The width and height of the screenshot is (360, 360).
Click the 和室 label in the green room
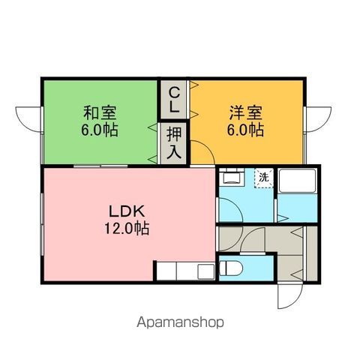[100, 112]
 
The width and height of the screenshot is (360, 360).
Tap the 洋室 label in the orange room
[246, 112]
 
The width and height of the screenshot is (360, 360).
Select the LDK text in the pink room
[127, 211]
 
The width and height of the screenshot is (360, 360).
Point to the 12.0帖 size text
[127, 228]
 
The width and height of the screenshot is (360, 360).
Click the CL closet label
[174, 100]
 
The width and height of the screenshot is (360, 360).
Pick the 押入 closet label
[174, 142]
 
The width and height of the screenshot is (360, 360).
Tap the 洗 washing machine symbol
[264, 178]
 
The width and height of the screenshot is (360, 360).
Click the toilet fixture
[231, 268]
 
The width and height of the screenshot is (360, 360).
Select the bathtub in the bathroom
[297, 181]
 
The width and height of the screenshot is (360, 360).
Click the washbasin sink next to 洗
[232, 177]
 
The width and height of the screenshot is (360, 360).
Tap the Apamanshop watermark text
[180, 322]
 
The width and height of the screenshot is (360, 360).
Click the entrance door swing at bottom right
[290, 295]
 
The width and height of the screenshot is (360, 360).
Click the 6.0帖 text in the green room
[100, 130]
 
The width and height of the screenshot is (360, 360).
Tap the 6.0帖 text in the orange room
[245, 130]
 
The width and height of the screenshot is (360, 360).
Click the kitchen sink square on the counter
[206, 271]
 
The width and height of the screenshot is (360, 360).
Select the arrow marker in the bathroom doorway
[283, 218]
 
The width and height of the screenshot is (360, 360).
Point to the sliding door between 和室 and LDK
[100, 166]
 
